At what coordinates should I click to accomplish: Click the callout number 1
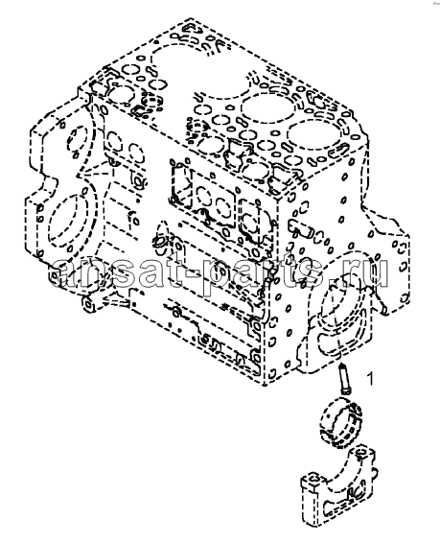pyautogui.click(x=370, y=379)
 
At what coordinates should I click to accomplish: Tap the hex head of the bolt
pyautogui.click(x=345, y=391)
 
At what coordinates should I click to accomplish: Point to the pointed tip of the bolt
pyautogui.click(x=342, y=364)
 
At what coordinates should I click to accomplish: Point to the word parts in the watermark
pyautogui.click(x=263, y=273)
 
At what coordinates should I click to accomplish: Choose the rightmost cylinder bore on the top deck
pyautogui.click(x=314, y=136)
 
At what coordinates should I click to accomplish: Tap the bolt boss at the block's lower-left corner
pyautogui.click(x=89, y=305)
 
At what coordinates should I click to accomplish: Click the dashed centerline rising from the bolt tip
pyautogui.click(x=336, y=322)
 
